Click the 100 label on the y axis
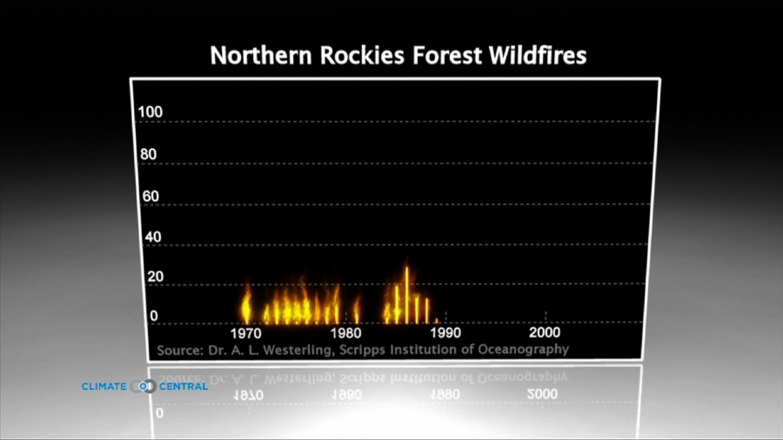[x=150, y=113]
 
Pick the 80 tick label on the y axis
[x=149, y=155]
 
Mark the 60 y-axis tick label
[x=151, y=197]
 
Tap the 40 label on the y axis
[x=151, y=237]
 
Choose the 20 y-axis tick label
[x=153, y=277]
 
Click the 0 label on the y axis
[x=154, y=317]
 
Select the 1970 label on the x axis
[x=246, y=333]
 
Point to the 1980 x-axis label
[x=345, y=333]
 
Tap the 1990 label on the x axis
[x=445, y=333]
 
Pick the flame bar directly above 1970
[x=246, y=306]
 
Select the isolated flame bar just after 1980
[x=357, y=310]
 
